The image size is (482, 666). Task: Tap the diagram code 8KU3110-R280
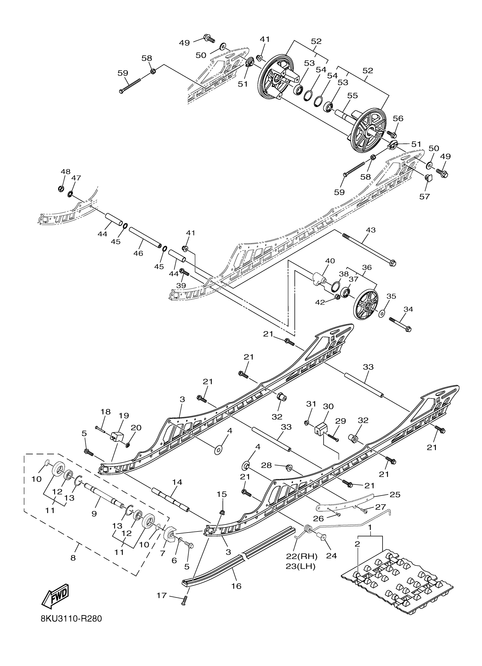71,627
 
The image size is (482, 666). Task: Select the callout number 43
371,230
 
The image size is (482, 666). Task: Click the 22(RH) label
302,556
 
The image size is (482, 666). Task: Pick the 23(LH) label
301,566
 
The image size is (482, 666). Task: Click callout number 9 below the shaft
94,514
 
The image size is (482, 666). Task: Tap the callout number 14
177,482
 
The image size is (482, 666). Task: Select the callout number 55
353,95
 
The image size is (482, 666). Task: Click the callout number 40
330,261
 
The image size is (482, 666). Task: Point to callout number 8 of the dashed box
73,558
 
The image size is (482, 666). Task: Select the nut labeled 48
61,188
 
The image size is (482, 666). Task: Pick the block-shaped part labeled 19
117,437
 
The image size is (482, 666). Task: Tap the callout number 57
424,196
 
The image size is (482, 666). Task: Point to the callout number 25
395,495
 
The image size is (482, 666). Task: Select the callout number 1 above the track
370,528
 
